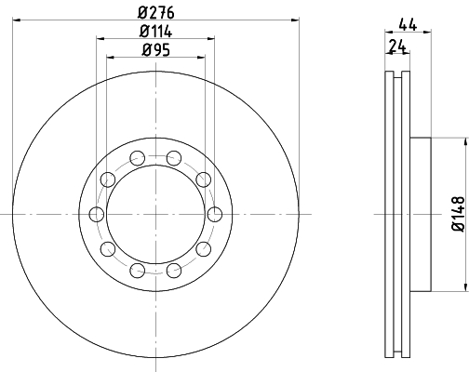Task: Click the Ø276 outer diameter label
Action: (x=156, y=13)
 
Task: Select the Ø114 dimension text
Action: (x=155, y=32)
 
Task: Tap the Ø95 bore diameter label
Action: (x=156, y=50)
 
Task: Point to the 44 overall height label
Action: (x=408, y=24)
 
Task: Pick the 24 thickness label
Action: (x=397, y=46)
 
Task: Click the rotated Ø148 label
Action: (x=459, y=214)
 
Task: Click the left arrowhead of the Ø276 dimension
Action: (x=17, y=20)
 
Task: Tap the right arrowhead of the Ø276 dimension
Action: (x=295, y=20)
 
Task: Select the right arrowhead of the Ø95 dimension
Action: (x=201, y=58)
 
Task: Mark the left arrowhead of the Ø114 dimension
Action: (x=100, y=38)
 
